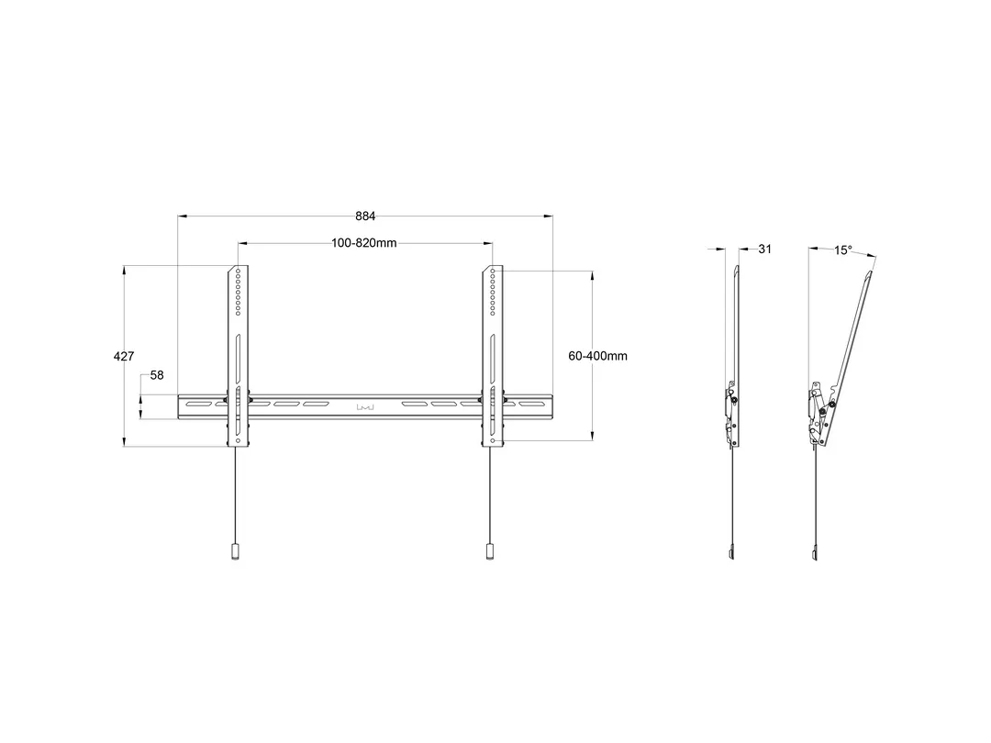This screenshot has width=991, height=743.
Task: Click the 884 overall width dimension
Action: pyautogui.click(x=365, y=216)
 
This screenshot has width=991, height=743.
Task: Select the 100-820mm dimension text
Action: pyautogui.click(x=364, y=243)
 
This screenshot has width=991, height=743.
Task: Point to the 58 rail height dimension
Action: pyautogui.click(x=156, y=376)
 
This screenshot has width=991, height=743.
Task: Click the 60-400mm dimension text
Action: pyautogui.click(x=597, y=356)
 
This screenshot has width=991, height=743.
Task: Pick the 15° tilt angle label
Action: pyautogui.click(x=842, y=250)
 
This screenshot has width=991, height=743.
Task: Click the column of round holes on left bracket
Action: pyautogui.click(x=239, y=292)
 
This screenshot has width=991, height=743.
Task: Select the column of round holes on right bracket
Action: pyautogui.click(x=494, y=292)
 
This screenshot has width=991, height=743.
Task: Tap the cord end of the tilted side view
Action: pyautogui.click(x=815, y=553)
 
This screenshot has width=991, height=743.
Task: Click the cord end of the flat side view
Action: pyautogui.click(x=732, y=553)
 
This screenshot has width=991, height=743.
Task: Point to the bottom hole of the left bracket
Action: pyautogui.click(x=239, y=441)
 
